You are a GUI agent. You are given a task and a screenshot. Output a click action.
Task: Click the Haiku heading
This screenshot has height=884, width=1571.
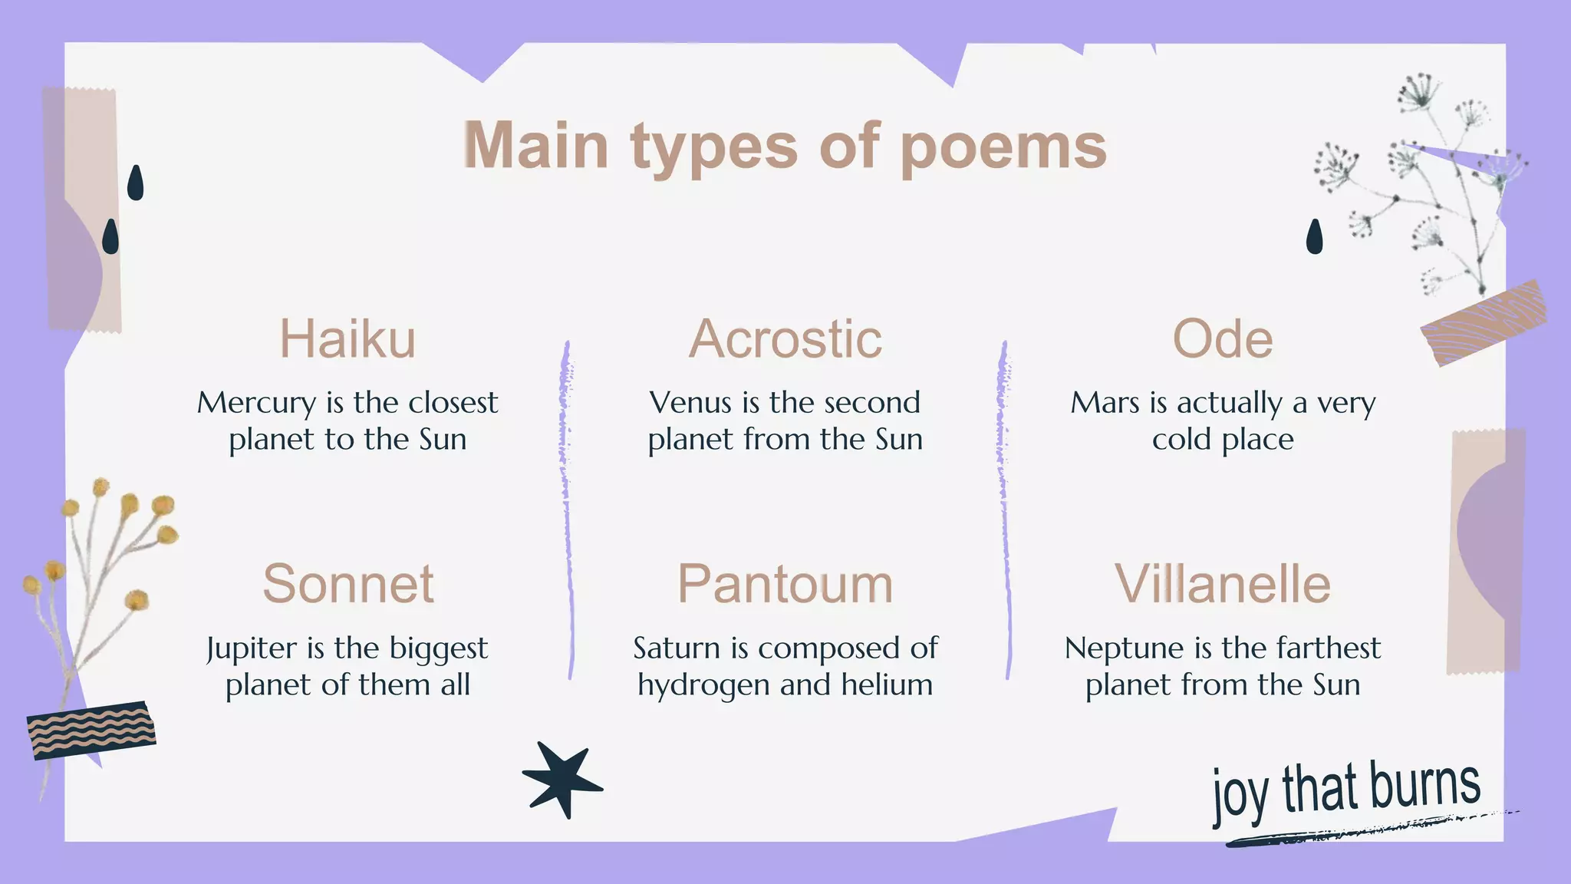tap(347, 338)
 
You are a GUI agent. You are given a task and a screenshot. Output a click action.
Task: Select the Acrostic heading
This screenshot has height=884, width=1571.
tap(785, 338)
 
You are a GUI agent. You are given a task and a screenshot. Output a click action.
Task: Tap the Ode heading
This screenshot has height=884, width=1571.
tap(1222, 338)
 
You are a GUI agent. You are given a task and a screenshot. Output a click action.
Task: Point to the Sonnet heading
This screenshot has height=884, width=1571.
tap(348, 584)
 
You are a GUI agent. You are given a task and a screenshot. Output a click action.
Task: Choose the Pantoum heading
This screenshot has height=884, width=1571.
tap(785, 584)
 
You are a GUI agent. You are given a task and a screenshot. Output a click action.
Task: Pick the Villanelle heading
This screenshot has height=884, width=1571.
tap(1222, 584)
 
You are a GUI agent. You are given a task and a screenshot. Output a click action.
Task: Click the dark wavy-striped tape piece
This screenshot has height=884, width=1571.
tap(91, 730)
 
